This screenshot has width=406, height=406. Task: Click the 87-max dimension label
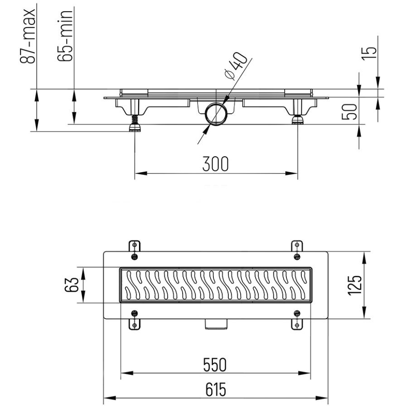pos(28,36)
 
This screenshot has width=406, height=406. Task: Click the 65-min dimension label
pos(65,36)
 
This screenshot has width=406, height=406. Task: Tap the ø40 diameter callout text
pos(236,65)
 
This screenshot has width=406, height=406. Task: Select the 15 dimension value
pos(369,53)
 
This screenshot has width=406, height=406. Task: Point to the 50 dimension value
pos(349,111)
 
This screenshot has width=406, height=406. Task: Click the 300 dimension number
pos(215,164)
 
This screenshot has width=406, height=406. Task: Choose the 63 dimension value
pos(71,285)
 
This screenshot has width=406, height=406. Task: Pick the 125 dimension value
pos(354,285)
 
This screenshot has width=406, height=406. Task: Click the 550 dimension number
pos(215,365)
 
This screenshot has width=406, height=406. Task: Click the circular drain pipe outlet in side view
pos(217,114)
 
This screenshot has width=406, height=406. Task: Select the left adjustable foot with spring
pos(135,124)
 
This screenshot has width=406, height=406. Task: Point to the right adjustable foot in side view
pos(298,120)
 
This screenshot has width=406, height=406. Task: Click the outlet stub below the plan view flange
pos(216,324)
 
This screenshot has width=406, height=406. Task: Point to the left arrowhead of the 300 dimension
pos(141,173)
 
